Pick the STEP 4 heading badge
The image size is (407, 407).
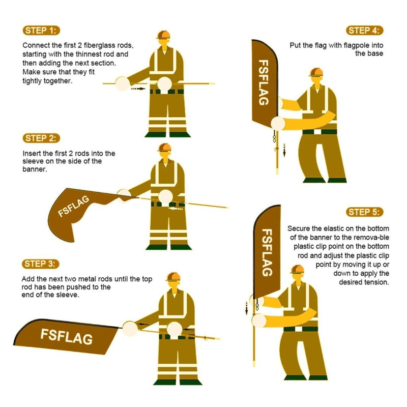pos(365,30)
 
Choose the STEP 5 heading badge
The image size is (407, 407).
pos(365,212)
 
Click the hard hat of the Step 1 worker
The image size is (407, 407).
pos(163,35)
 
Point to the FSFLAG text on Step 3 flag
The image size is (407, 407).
pos(66,336)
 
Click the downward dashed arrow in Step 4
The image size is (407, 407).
pos(284,150)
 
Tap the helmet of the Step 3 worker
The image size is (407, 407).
pos(173,276)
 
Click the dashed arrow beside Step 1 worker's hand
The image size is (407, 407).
pos(137,89)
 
